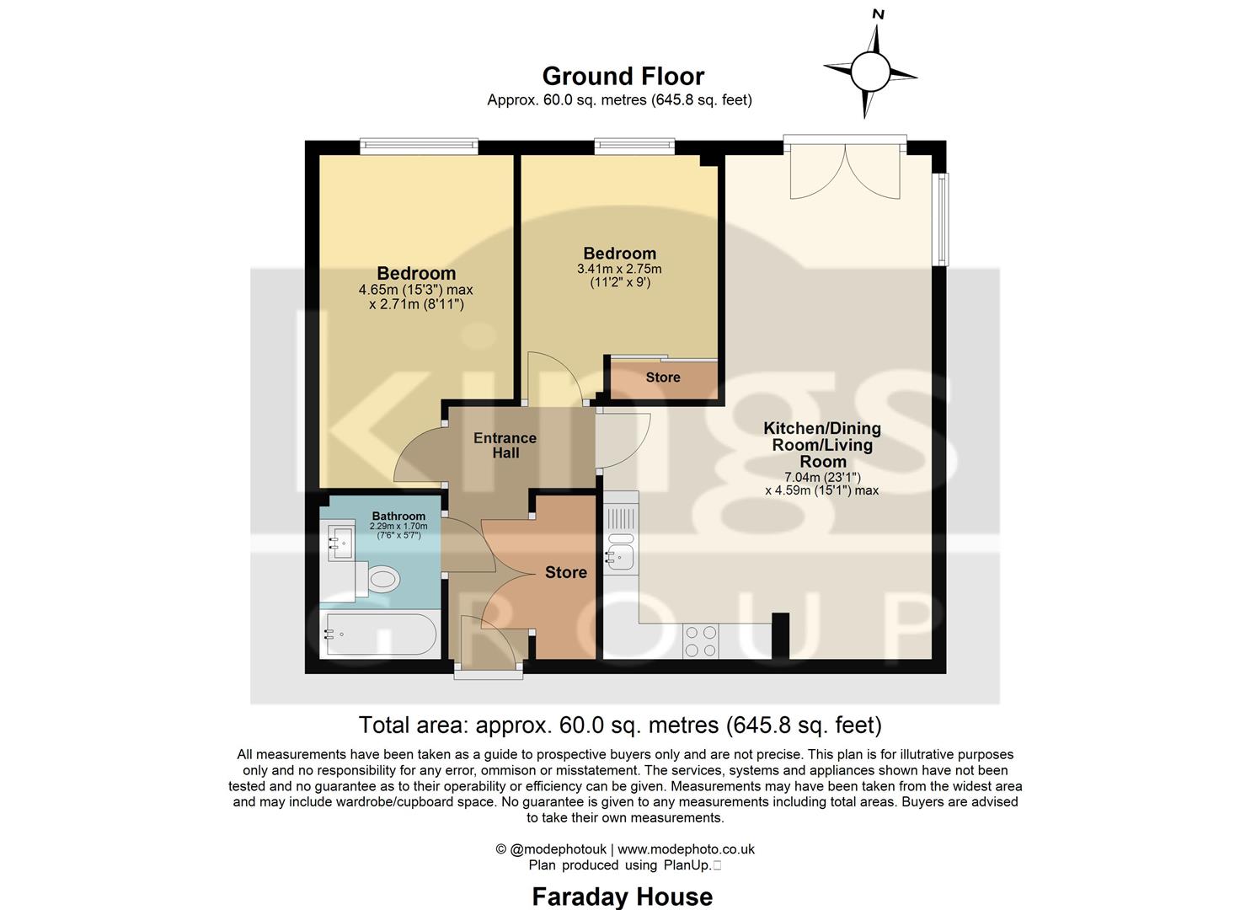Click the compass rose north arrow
coord(870,69)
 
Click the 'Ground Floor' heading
coord(623,77)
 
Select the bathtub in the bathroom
coord(380,634)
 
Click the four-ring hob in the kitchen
coord(701,641)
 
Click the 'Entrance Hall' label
coord(505,446)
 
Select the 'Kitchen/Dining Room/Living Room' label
coord(822,445)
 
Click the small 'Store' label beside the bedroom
coord(663,377)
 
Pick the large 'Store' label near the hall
coord(565,573)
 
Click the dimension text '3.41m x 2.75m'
coord(619,270)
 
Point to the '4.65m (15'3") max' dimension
coord(415,290)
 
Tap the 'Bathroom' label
coord(398,516)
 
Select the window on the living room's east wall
coord(942,219)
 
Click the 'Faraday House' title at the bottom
coord(622,897)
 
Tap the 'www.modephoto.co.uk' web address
coord(686,849)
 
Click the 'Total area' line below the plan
coord(620,725)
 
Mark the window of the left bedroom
coord(419,147)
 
